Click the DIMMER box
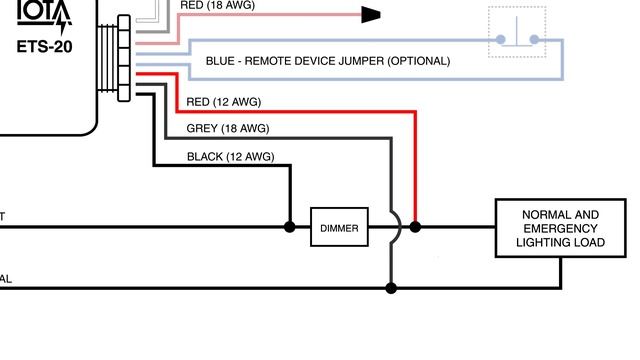(339, 228)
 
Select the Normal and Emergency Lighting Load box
(559, 228)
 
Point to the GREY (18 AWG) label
(228, 129)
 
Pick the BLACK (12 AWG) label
(230, 157)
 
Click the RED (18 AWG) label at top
(218, 5)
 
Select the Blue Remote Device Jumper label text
(327, 61)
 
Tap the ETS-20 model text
(44, 46)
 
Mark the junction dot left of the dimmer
(290, 227)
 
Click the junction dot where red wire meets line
(415, 227)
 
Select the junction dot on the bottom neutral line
(391, 288)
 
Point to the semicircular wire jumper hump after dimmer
(397, 227)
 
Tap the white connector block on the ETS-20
(124, 58)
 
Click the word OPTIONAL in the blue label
(418, 61)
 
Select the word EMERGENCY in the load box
(560, 228)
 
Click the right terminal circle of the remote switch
(534, 40)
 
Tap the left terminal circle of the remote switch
(500, 40)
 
